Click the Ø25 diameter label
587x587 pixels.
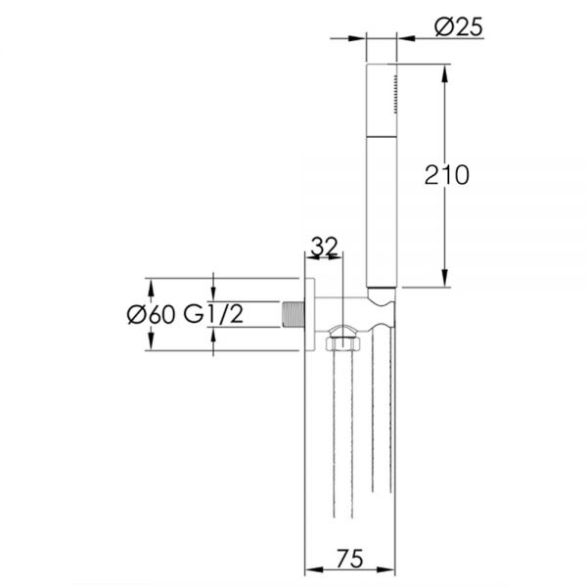[x=459, y=27]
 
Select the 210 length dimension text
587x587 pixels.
[x=446, y=175]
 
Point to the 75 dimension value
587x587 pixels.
[x=350, y=559]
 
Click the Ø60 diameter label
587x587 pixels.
[x=151, y=315]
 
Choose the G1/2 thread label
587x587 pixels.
[x=213, y=314]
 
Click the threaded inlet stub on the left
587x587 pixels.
[x=293, y=314]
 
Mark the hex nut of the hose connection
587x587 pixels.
[x=343, y=343]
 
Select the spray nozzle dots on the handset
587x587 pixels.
[x=395, y=94]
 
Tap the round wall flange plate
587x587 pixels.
[x=309, y=314]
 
